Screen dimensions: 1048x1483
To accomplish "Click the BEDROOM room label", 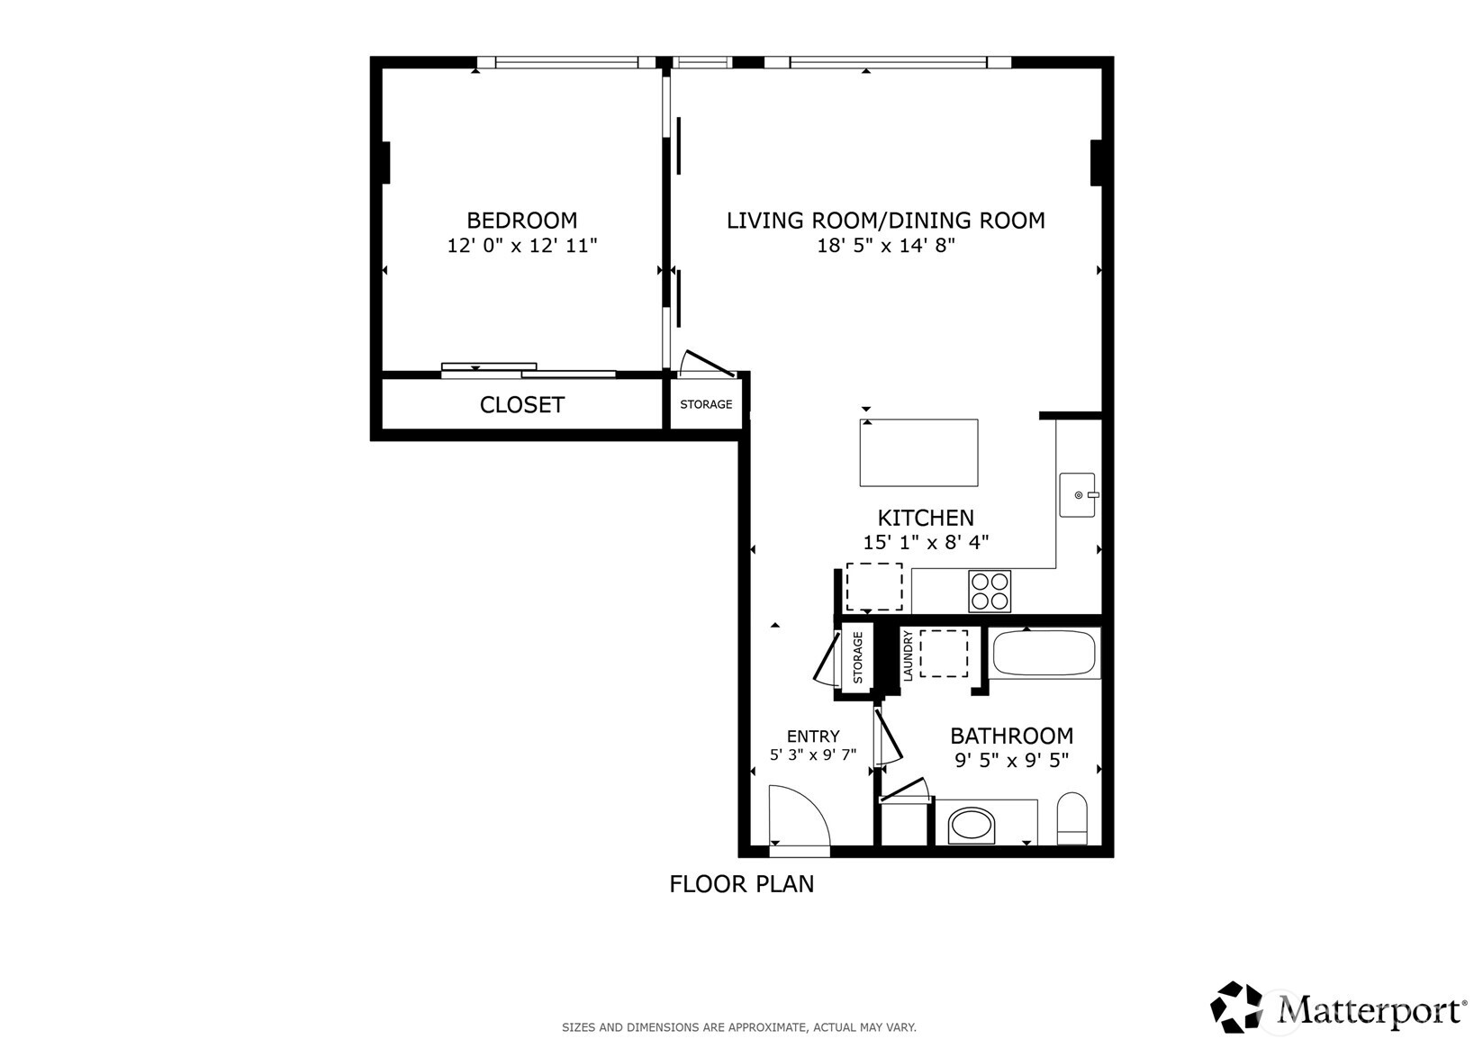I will tap(521, 221).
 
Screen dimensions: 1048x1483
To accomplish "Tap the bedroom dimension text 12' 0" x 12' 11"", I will tap(522, 246).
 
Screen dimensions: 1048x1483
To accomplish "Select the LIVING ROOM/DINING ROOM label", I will tap(885, 221).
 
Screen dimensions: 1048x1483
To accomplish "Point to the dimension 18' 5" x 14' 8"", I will tap(885, 246).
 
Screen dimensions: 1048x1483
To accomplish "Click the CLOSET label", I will tap(521, 405).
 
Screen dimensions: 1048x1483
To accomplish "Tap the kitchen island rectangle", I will tap(918, 453).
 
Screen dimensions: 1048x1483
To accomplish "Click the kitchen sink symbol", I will tap(1077, 495).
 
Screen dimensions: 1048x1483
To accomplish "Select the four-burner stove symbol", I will tap(990, 592).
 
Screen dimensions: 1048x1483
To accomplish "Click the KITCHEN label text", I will tap(926, 519).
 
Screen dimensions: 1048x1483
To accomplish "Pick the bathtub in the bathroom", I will tap(1044, 654).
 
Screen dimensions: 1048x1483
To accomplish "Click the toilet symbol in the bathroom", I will tap(1072, 818).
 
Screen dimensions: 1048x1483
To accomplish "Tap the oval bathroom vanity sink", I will tap(972, 826).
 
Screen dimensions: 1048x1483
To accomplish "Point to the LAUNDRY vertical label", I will tap(908, 655).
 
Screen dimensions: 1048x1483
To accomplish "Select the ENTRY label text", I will tap(812, 736).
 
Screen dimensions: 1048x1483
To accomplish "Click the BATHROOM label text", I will tap(1011, 736).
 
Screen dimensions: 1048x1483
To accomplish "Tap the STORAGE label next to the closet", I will tap(706, 405).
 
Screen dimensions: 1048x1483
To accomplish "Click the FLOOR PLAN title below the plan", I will tap(741, 885).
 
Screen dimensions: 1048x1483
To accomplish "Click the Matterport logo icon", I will tap(1237, 1007).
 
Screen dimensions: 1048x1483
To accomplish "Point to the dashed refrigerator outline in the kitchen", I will tap(873, 586).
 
